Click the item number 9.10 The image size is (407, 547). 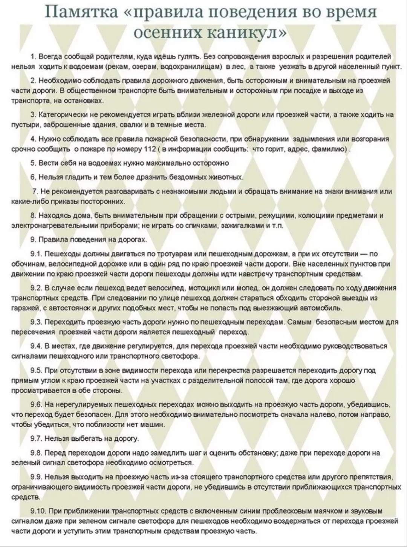[x=38, y=511]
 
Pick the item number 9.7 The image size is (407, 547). [x=36, y=439]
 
